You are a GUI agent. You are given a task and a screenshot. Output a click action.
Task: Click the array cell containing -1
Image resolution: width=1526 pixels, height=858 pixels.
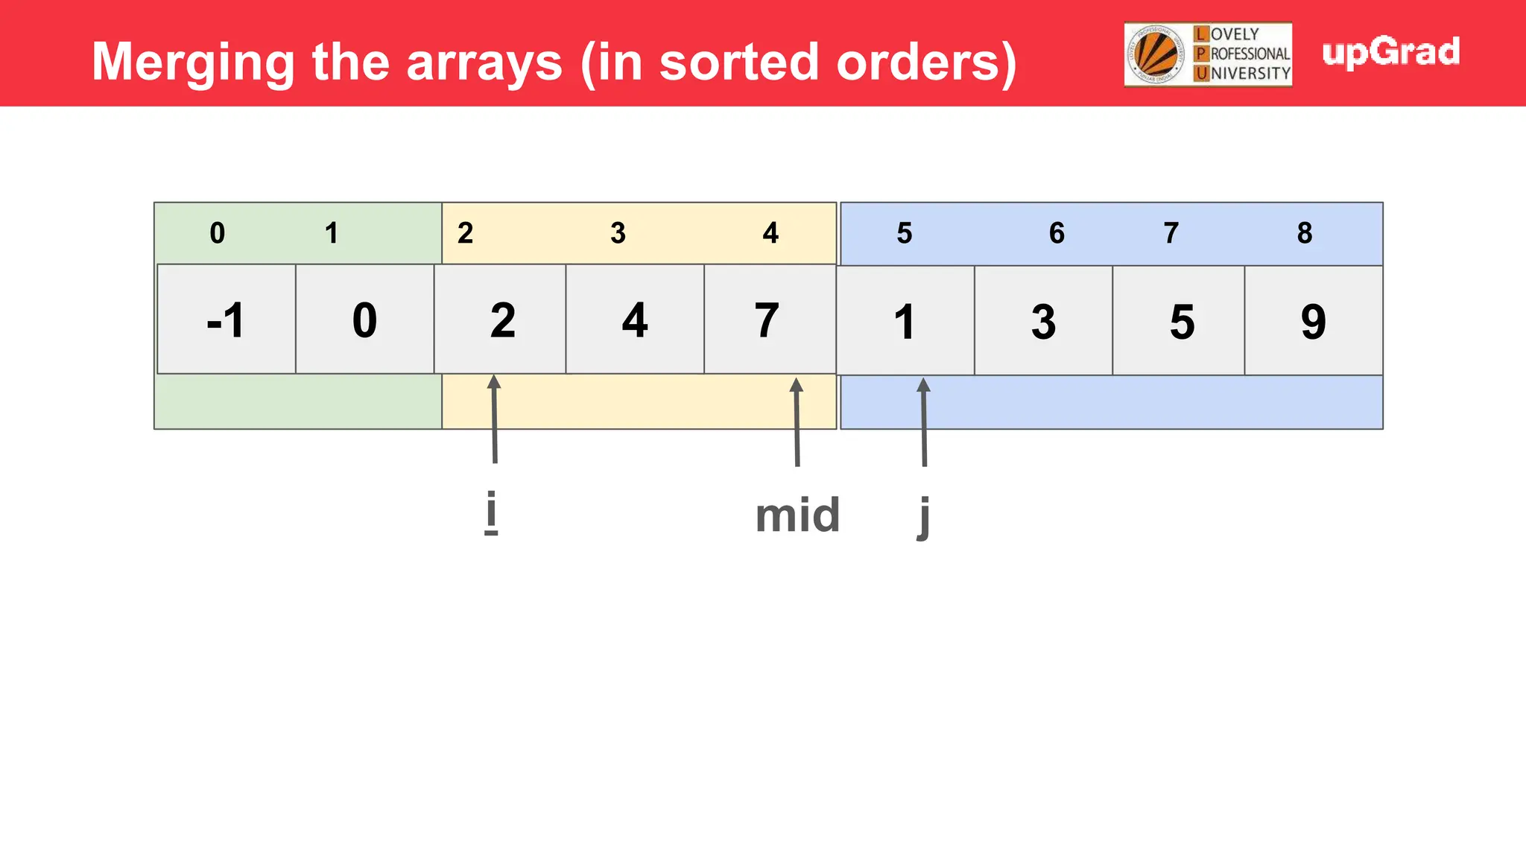226,320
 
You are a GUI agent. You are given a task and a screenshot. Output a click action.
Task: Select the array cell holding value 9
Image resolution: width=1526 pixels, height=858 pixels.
1313,321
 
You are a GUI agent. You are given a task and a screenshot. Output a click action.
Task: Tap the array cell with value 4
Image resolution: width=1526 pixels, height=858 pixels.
635,320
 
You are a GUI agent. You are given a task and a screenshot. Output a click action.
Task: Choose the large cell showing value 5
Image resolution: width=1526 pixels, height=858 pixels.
1181,321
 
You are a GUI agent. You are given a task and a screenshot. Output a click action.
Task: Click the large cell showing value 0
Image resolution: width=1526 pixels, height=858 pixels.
364,320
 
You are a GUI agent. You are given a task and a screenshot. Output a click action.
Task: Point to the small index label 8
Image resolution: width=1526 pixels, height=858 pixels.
1304,233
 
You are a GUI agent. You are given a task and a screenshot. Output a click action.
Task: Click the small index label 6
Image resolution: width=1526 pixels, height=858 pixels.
1057,233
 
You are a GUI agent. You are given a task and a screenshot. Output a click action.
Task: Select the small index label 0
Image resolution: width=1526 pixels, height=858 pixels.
217,233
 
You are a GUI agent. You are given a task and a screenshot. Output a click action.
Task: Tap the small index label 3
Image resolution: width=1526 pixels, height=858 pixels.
618,233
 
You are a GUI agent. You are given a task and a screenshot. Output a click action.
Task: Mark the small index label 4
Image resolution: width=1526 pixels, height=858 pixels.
770,233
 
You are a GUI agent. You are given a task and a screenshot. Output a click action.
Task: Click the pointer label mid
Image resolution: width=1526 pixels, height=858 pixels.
797,515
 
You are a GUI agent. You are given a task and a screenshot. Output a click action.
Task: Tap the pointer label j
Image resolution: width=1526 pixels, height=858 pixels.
924,516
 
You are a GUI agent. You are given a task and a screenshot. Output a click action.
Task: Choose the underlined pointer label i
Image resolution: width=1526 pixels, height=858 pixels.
490,512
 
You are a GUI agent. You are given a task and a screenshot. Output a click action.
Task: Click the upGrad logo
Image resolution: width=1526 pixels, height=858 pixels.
1390,52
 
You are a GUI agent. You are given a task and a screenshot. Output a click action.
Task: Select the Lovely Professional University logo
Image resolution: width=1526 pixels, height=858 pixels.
1208,54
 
